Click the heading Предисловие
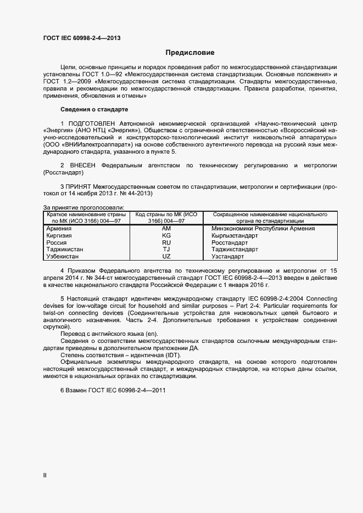[x=190, y=53]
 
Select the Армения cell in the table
[x=59, y=228]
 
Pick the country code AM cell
[x=166, y=228]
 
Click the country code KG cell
[x=166, y=235]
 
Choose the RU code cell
[x=166, y=242]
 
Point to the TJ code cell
[x=166, y=249]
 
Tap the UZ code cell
[x=166, y=256]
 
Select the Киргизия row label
[x=61, y=235]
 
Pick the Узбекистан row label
[x=63, y=256]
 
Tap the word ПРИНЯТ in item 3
[x=79, y=187]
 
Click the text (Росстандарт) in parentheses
[x=63, y=172]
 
